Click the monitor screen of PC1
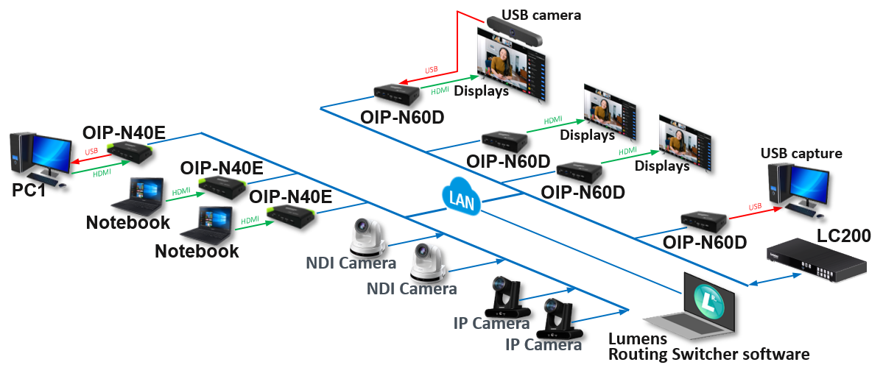click(50, 152)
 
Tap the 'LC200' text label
click(843, 235)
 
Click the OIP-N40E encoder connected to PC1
click(130, 152)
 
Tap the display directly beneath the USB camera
click(513, 63)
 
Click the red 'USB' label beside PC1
click(91, 152)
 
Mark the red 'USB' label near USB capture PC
click(755, 207)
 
